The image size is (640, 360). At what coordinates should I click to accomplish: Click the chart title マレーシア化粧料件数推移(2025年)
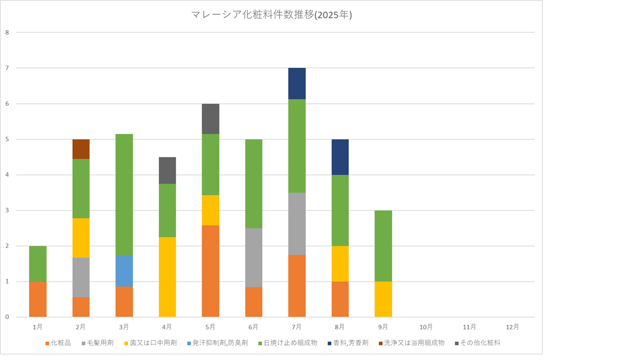pyautogui.click(x=271, y=16)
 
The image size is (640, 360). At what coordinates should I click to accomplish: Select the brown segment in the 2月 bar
pyautogui.click(x=81, y=149)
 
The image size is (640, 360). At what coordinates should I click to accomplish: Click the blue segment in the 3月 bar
pyautogui.click(x=124, y=271)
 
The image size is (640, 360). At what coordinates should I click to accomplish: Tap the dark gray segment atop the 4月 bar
pyautogui.click(x=167, y=170)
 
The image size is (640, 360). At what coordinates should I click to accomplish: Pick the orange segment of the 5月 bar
pyautogui.click(x=211, y=271)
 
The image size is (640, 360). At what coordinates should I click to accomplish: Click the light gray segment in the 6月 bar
pyautogui.click(x=253, y=258)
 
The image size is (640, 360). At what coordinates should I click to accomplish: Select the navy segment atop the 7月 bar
pyautogui.click(x=297, y=83)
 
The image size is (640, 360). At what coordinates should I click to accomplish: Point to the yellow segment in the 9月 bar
pyautogui.click(x=383, y=299)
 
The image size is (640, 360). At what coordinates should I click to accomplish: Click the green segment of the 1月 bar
pyautogui.click(x=38, y=263)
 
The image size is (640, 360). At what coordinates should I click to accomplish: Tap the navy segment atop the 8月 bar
pyautogui.click(x=340, y=157)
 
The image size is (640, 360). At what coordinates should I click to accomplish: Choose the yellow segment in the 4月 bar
pyautogui.click(x=167, y=277)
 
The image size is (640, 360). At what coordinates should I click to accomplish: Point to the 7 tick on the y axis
pyautogui.click(x=7, y=68)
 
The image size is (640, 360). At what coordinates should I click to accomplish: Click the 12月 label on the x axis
pyautogui.click(x=513, y=327)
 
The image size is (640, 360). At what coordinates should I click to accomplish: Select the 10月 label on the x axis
pyautogui.click(x=426, y=327)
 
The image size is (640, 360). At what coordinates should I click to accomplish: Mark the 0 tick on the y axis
pyautogui.click(x=7, y=317)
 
